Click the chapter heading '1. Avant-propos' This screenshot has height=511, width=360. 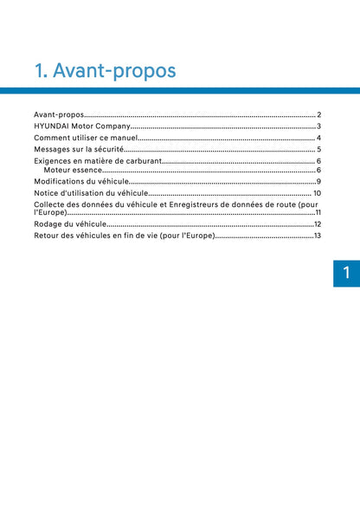coord(104,69)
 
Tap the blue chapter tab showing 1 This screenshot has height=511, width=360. coord(346,273)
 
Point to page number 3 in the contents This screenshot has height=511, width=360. coord(319,126)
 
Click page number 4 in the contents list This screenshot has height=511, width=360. coord(319,138)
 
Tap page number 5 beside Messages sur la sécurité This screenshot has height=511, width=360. coord(319,150)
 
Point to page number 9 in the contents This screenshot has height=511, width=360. coord(319,181)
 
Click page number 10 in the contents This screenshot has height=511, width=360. coord(318,193)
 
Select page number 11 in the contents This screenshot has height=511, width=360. coord(318,212)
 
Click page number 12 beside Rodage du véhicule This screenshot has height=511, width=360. coord(318,224)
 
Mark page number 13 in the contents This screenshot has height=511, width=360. coord(318,236)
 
